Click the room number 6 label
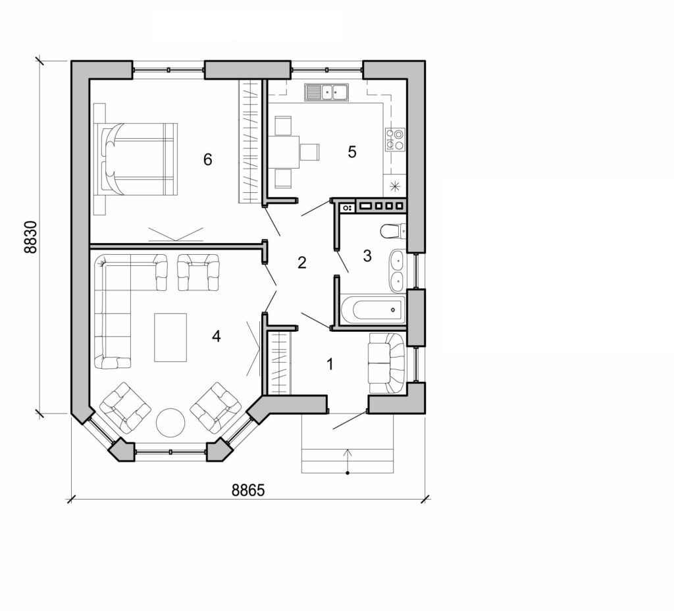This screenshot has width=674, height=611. (x=208, y=159)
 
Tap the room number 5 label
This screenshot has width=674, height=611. (x=352, y=152)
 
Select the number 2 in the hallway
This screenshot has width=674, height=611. (x=302, y=263)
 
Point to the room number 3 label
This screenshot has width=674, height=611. (x=367, y=256)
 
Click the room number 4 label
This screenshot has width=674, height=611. (x=217, y=336)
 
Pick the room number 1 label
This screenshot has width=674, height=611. (x=331, y=363)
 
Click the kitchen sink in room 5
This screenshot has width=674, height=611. (x=326, y=92)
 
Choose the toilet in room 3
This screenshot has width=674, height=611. (x=394, y=231)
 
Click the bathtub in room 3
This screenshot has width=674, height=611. (x=373, y=309)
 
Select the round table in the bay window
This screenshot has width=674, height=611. (x=170, y=422)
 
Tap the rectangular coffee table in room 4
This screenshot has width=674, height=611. (x=170, y=337)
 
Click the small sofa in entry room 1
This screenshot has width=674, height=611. (x=386, y=363)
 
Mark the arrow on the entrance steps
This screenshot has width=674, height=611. (x=348, y=460)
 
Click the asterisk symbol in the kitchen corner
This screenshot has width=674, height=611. (x=395, y=186)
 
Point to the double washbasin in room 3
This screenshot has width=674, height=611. (x=397, y=271)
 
